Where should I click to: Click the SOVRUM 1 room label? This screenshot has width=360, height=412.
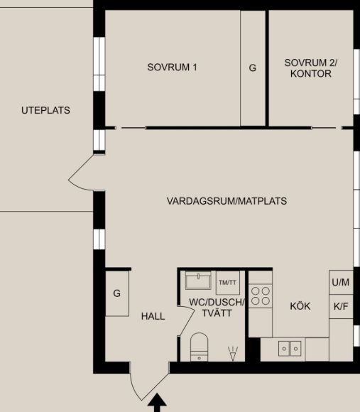[172, 67]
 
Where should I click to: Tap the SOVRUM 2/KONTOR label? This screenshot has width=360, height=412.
[310, 68]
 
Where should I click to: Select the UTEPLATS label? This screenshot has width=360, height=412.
[45, 110]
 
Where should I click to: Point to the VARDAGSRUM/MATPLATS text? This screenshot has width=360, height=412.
[227, 201]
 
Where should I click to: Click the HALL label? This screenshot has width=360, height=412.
[153, 316]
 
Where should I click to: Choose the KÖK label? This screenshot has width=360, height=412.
[300, 306]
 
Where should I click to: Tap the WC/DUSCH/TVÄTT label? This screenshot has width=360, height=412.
[217, 308]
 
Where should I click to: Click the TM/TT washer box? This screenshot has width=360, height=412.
[228, 283]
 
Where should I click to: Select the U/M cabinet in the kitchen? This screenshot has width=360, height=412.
[341, 282]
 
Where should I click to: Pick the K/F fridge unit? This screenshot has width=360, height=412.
[341, 306]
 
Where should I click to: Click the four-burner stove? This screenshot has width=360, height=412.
[261, 296]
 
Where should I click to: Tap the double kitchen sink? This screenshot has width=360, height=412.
[290, 349]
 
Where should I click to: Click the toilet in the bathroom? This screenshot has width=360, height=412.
[199, 347]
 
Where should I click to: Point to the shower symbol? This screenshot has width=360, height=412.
[233, 354]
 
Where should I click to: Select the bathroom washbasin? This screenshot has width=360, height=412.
[198, 281]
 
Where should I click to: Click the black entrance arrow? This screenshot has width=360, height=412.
[157, 402]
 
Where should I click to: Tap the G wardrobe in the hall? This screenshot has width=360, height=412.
[117, 293]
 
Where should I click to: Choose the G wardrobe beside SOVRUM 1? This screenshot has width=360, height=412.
[253, 67]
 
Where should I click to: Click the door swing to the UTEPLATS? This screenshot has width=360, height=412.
[79, 173]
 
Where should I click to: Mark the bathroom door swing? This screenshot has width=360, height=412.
[188, 321]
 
